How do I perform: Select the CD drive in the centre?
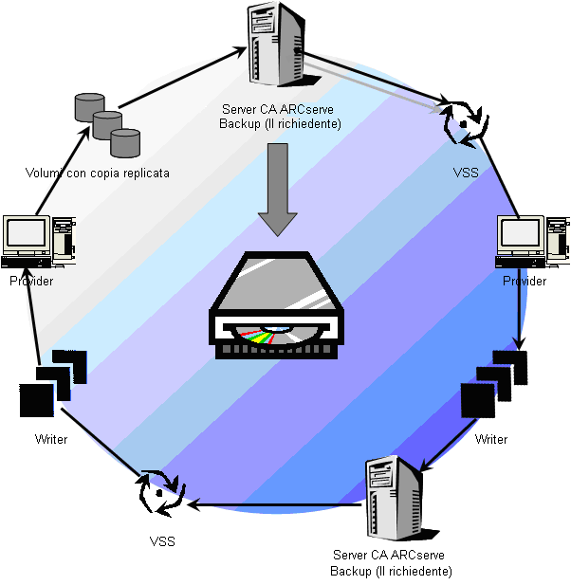(x=278, y=305)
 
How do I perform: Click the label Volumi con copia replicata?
(x=98, y=174)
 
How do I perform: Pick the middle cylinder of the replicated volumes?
(x=107, y=124)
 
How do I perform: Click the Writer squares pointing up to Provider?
(x=51, y=383)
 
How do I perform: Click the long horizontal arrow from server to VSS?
(x=275, y=503)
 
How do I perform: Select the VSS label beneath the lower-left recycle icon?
(x=161, y=541)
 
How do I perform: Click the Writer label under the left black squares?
(x=51, y=439)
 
